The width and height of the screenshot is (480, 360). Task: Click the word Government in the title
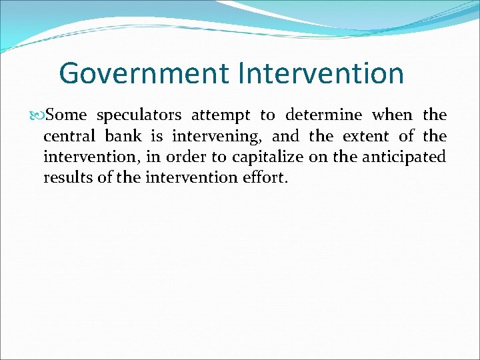(143, 73)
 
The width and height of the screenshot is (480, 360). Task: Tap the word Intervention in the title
(320, 73)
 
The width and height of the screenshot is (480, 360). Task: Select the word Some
(67, 115)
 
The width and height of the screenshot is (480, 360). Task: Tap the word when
(392, 115)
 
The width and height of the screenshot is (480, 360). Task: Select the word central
(68, 137)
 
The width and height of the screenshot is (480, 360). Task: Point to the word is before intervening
(157, 137)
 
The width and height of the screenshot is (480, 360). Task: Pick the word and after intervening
(285, 137)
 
